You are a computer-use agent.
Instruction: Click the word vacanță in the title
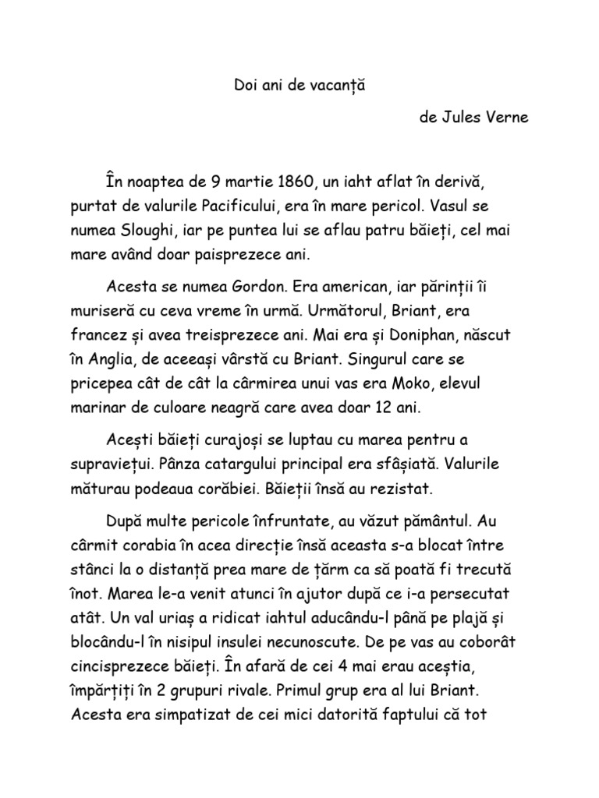[x=336, y=85]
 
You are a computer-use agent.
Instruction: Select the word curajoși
[x=245, y=442]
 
